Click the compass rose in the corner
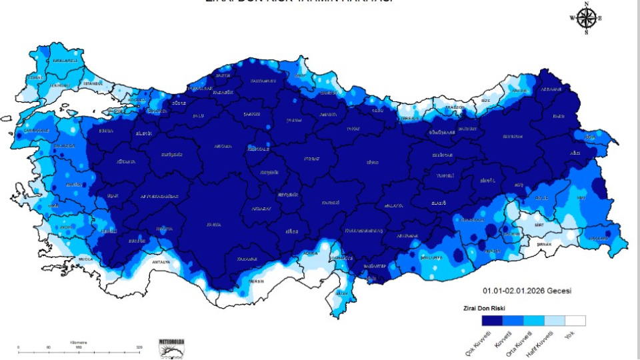[x=586, y=18]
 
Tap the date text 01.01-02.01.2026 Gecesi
[x=527, y=291]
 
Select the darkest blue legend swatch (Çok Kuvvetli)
[x=492, y=321]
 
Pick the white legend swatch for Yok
[x=575, y=321]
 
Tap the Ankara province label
[x=223, y=145]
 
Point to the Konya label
[x=213, y=225]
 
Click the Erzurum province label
[x=512, y=136]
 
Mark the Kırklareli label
[x=65, y=61]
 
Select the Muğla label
[x=85, y=257]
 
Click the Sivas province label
[x=372, y=162]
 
